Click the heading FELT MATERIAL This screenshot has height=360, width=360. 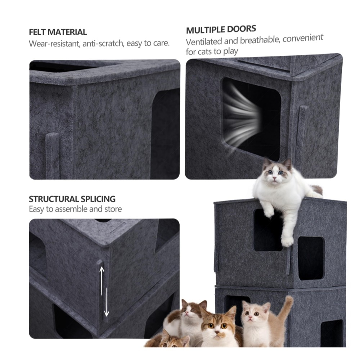[x=58, y=32]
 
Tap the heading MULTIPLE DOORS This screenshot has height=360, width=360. [x=221, y=30]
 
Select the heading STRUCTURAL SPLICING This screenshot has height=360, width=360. [x=72, y=199]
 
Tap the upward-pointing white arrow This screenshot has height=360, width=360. [x=102, y=280]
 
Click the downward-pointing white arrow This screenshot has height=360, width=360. [x=106, y=302]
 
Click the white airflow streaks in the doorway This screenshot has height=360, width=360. [x=241, y=116]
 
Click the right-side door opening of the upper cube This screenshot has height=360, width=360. [x=311, y=258]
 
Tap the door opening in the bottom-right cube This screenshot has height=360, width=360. [x=332, y=333]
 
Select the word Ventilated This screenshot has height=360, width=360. [x=204, y=42]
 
